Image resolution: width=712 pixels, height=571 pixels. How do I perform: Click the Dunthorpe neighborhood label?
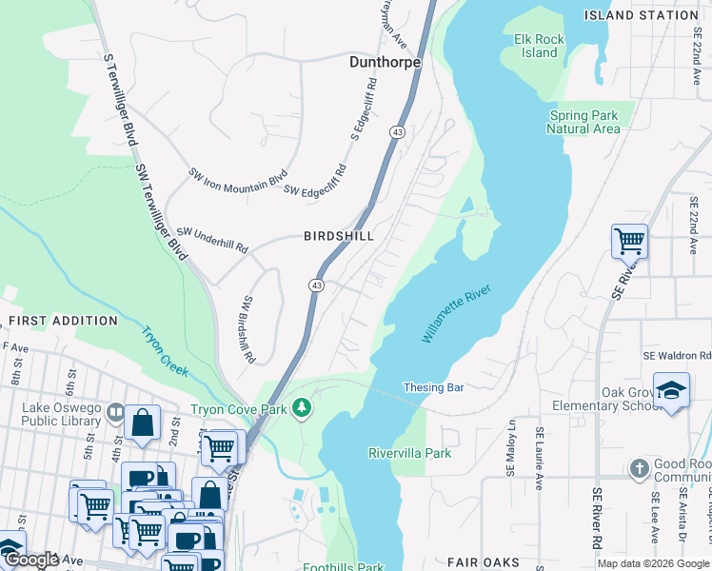[384, 62]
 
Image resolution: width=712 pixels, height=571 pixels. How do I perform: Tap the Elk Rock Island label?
[539, 46]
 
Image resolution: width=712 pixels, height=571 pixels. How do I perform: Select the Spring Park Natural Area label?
[583, 122]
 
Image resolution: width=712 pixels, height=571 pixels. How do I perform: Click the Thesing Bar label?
[433, 387]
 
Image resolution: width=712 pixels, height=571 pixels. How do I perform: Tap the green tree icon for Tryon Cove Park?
[302, 408]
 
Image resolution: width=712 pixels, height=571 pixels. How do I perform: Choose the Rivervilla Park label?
[409, 453]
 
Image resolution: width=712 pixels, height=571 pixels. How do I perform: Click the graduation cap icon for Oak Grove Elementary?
[671, 390]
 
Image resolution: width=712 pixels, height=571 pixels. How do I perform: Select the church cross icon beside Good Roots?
[638, 468]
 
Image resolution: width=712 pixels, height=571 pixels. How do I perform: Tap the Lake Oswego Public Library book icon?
[114, 412]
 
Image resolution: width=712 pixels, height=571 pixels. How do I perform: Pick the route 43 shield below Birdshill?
[315, 285]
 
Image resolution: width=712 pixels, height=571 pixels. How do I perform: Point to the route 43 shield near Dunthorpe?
[397, 132]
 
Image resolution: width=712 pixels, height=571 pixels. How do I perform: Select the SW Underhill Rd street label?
[212, 238]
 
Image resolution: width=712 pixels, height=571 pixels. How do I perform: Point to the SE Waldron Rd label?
[677, 354]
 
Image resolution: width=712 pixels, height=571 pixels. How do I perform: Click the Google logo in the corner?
[30, 560]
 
